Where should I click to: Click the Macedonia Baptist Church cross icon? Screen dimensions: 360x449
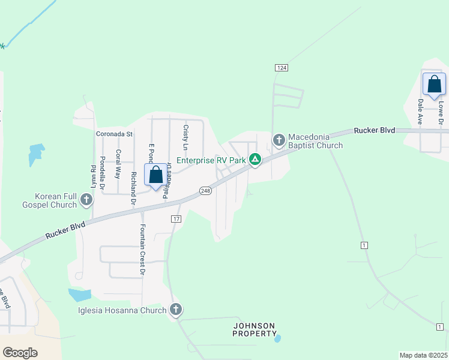pos(279,140)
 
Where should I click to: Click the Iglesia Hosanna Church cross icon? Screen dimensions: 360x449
pos(175,310)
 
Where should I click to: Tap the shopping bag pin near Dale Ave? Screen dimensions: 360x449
pos(434,85)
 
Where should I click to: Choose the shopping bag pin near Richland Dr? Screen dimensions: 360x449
pos(156,175)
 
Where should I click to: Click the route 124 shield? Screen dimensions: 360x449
pos(281,68)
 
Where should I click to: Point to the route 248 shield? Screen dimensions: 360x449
pos(206,190)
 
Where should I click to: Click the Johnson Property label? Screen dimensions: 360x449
pos(254,329)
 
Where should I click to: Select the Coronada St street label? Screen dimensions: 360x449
pos(114,134)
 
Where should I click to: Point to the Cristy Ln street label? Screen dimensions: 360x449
pos(186,138)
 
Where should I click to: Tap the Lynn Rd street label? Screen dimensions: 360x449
pos(94,175)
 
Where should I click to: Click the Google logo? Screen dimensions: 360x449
pos(20,353)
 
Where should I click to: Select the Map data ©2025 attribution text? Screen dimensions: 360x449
pos(423,355)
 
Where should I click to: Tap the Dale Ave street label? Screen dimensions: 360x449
pos(421,112)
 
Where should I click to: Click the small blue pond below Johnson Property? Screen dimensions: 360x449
pos(277,338)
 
